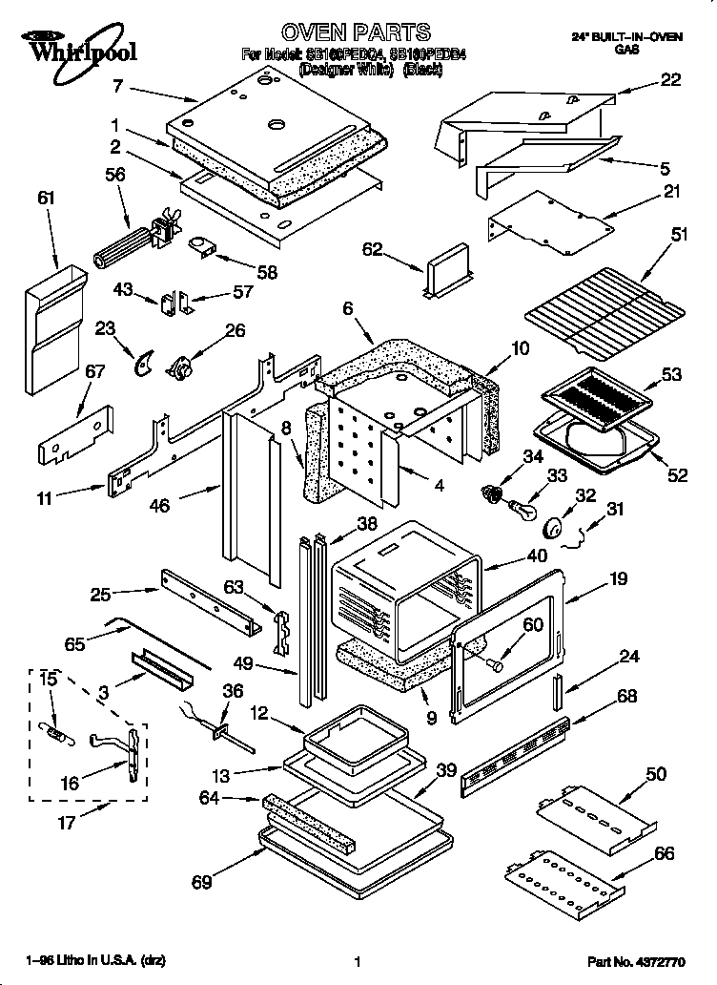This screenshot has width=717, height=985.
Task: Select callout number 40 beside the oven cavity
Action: coord(537,555)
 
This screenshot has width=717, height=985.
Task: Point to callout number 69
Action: coord(200,881)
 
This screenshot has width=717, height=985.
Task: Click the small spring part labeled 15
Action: coord(59,734)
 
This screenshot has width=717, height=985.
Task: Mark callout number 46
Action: coord(159,505)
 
